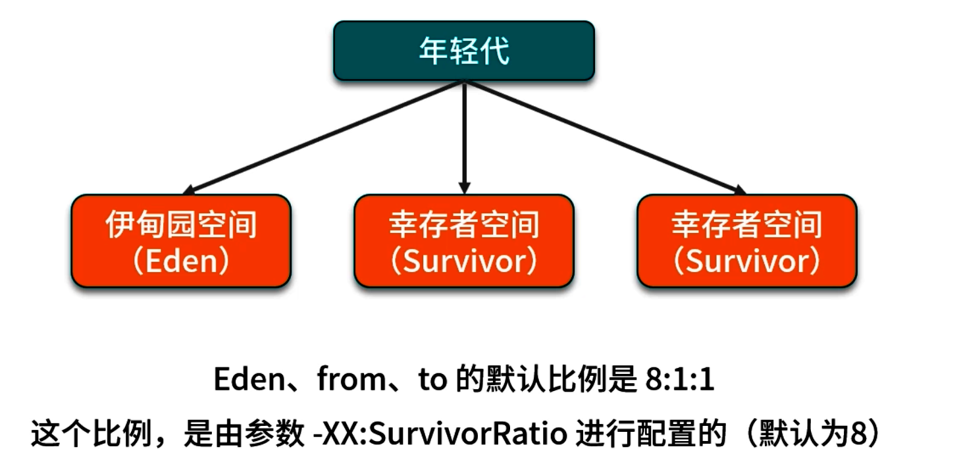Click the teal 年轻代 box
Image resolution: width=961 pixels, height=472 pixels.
coord(463,51)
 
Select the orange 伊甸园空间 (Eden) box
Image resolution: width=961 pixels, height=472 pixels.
coord(181,241)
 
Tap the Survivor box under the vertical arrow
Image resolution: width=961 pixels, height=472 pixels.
coord(463,241)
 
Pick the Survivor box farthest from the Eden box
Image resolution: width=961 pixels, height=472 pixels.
coord(746,241)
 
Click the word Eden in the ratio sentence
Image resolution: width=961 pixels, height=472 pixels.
coord(242,380)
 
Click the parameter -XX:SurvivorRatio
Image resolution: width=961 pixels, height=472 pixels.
coord(441,435)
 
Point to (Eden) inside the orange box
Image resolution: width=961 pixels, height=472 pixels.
coord(181,262)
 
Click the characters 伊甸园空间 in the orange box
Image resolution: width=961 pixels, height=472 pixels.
coord(181,225)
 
